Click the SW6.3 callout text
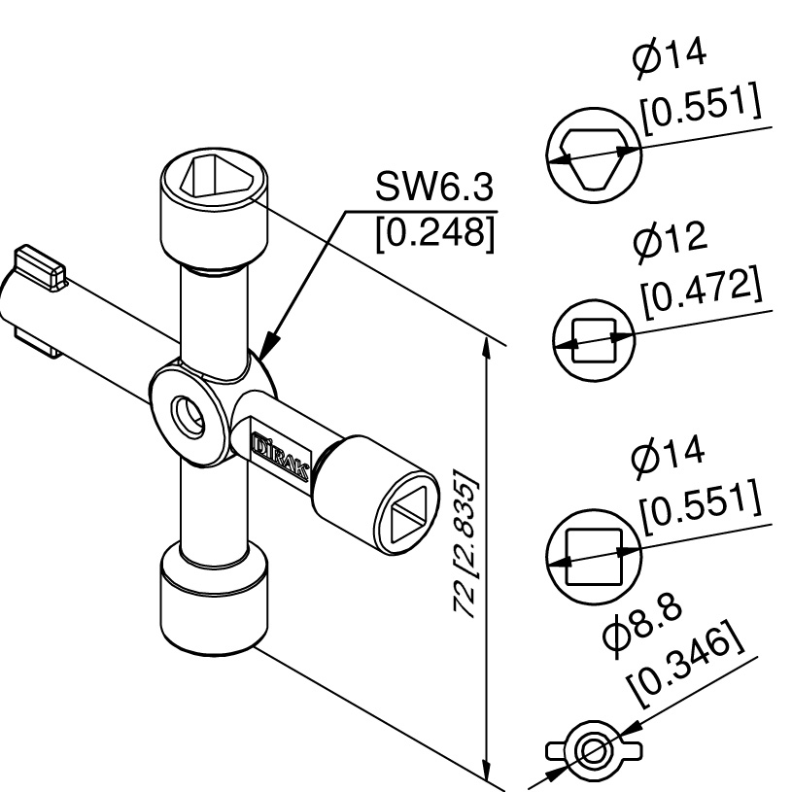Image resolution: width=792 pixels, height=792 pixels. point(433,187)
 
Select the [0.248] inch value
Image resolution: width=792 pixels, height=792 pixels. point(435,233)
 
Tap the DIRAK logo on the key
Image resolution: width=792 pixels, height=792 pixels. point(280,456)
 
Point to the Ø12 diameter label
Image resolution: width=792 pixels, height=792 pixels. point(670,241)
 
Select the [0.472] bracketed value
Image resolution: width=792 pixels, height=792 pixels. point(702,292)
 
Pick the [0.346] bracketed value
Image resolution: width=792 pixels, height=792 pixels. point(685,662)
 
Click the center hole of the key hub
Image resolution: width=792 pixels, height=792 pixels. point(189,415)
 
